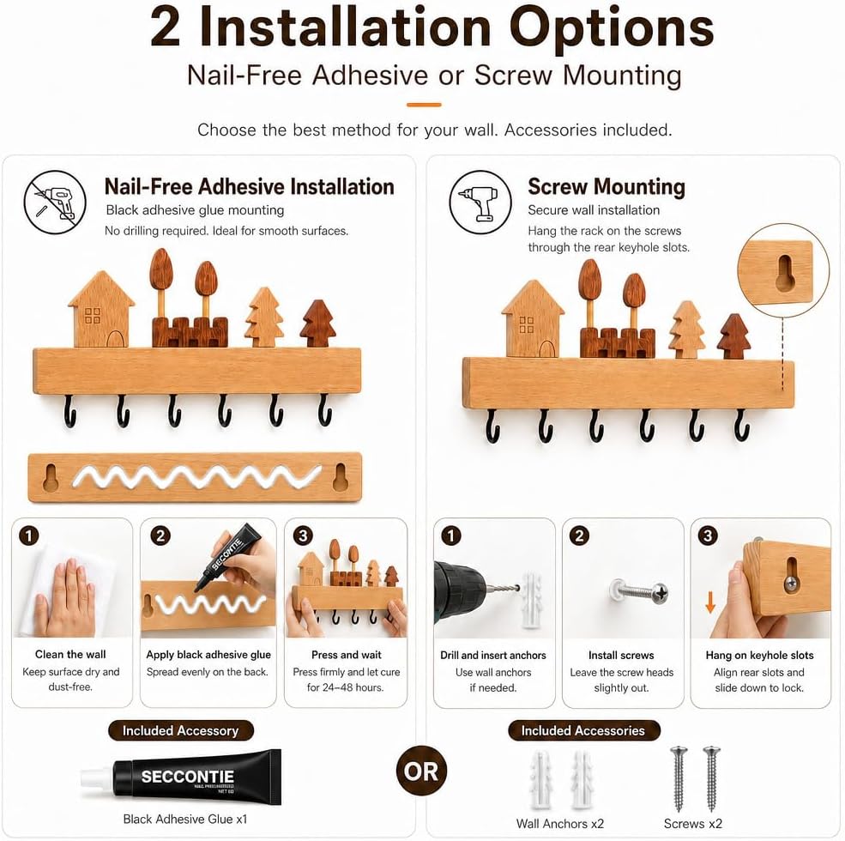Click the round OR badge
(x=421, y=771)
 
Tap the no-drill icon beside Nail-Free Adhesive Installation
(x=55, y=203)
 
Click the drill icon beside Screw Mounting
(x=480, y=203)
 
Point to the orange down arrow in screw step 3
(x=710, y=602)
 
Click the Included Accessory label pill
(x=180, y=730)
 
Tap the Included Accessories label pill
(x=583, y=730)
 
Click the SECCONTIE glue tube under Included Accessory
(x=181, y=777)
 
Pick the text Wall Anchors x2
(x=560, y=824)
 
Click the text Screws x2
(x=693, y=824)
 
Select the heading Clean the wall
(x=70, y=655)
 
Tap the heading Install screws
(x=621, y=655)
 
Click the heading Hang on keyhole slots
(x=760, y=655)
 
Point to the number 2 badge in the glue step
(x=160, y=535)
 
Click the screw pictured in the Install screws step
(x=640, y=592)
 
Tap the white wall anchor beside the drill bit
(x=531, y=599)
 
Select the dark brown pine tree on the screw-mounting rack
(x=734, y=336)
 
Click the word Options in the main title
(x=612, y=28)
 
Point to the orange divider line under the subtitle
(x=424, y=105)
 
